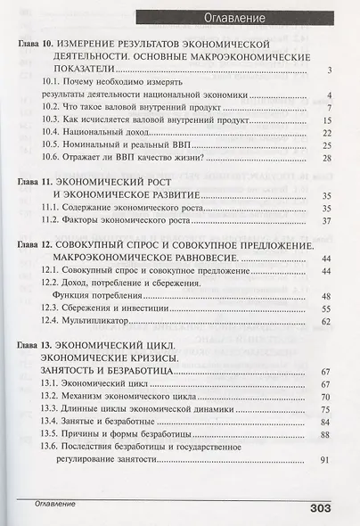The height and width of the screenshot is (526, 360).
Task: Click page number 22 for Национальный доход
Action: click(325, 132)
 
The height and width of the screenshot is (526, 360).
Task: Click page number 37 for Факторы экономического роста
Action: click(325, 221)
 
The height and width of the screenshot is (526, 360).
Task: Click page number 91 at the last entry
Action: click(325, 460)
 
